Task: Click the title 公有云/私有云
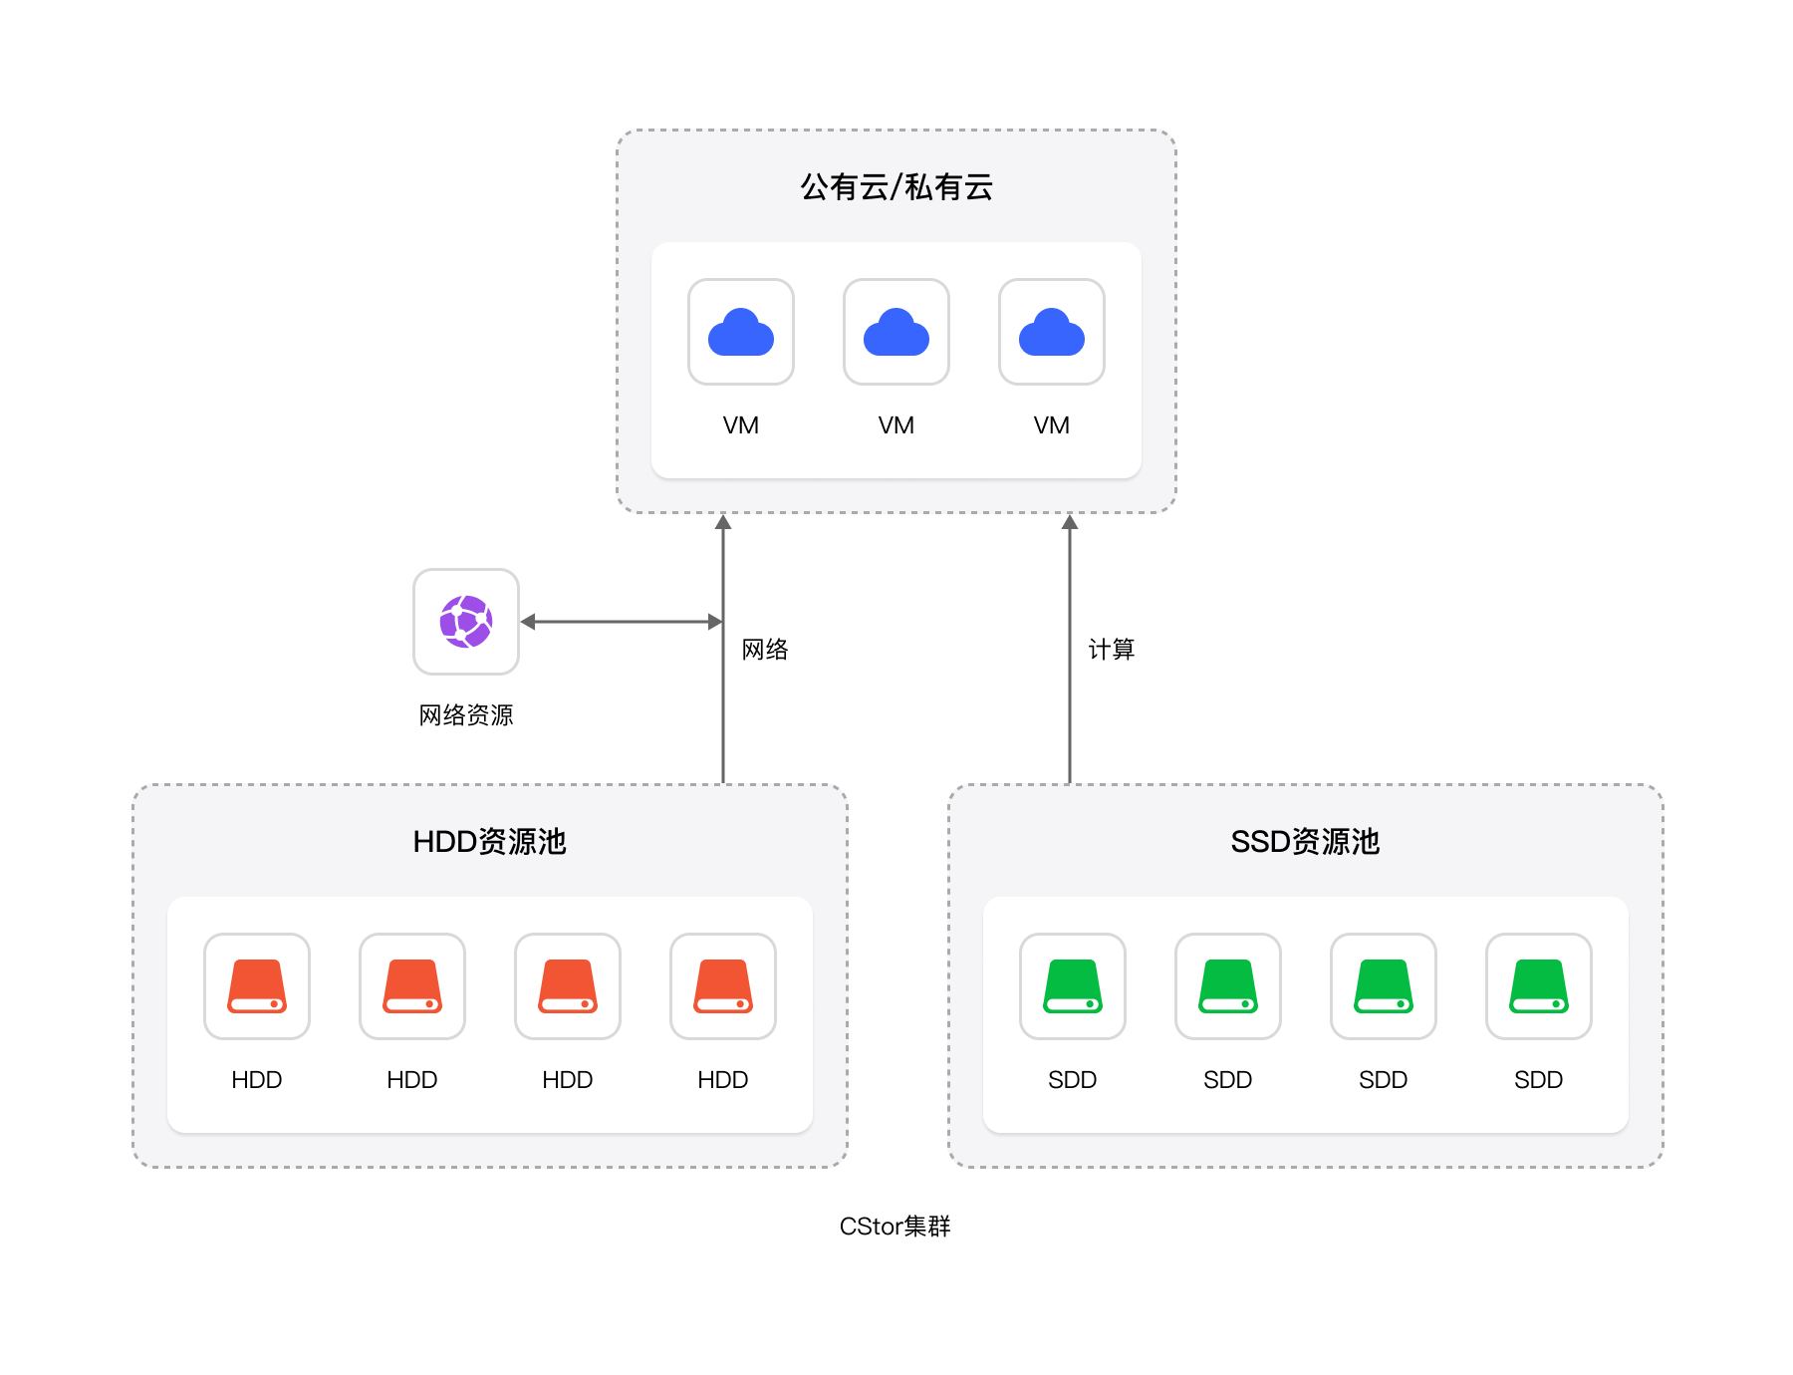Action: click(x=896, y=187)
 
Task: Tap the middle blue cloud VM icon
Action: click(x=896, y=332)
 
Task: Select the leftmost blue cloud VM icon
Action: click(x=741, y=332)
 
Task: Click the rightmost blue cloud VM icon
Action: click(x=1052, y=332)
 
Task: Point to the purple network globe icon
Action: click(x=466, y=622)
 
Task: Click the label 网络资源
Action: click(x=466, y=715)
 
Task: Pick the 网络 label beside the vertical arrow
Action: click(x=765, y=650)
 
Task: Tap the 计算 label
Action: click(x=1112, y=650)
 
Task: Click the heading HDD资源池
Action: click(x=490, y=842)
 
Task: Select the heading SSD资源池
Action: click(x=1306, y=842)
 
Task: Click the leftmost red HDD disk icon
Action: click(x=257, y=986)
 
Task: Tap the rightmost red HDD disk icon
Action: click(x=723, y=986)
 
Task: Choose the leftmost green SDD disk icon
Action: click(x=1073, y=986)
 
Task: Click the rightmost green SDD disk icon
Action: click(x=1539, y=986)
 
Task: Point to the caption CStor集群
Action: click(x=896, y=1227)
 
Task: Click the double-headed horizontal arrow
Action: click(x=622, y=622)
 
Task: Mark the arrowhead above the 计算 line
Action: click(x=1070, y=522)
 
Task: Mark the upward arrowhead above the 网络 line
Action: click(x=723, y=522)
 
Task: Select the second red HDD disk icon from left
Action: click(x=412, y=986)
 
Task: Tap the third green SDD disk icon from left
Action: click(x=1384, y=986)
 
